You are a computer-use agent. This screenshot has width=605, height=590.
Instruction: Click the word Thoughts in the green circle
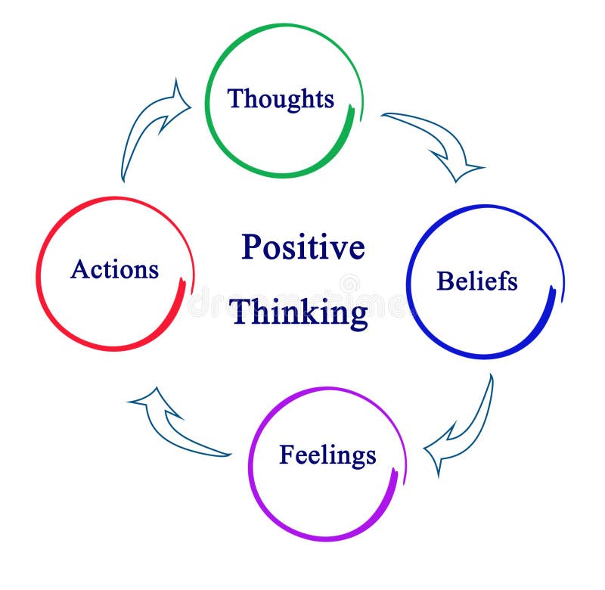(281, 99)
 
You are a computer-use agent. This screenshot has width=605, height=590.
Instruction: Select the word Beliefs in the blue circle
(477, 281)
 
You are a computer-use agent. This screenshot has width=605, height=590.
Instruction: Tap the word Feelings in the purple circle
(327, 455)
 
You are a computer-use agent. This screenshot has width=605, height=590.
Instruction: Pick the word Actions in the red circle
(114, 269)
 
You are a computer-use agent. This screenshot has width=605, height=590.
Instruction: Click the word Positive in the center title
(302, 247)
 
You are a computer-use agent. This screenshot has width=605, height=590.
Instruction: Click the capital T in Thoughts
(235, 98)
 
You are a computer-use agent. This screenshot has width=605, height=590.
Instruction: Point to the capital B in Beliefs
(444, 281)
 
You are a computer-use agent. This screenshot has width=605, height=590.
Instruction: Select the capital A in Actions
(79, 269)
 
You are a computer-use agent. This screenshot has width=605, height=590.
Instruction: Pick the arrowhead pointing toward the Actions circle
(151, 401)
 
